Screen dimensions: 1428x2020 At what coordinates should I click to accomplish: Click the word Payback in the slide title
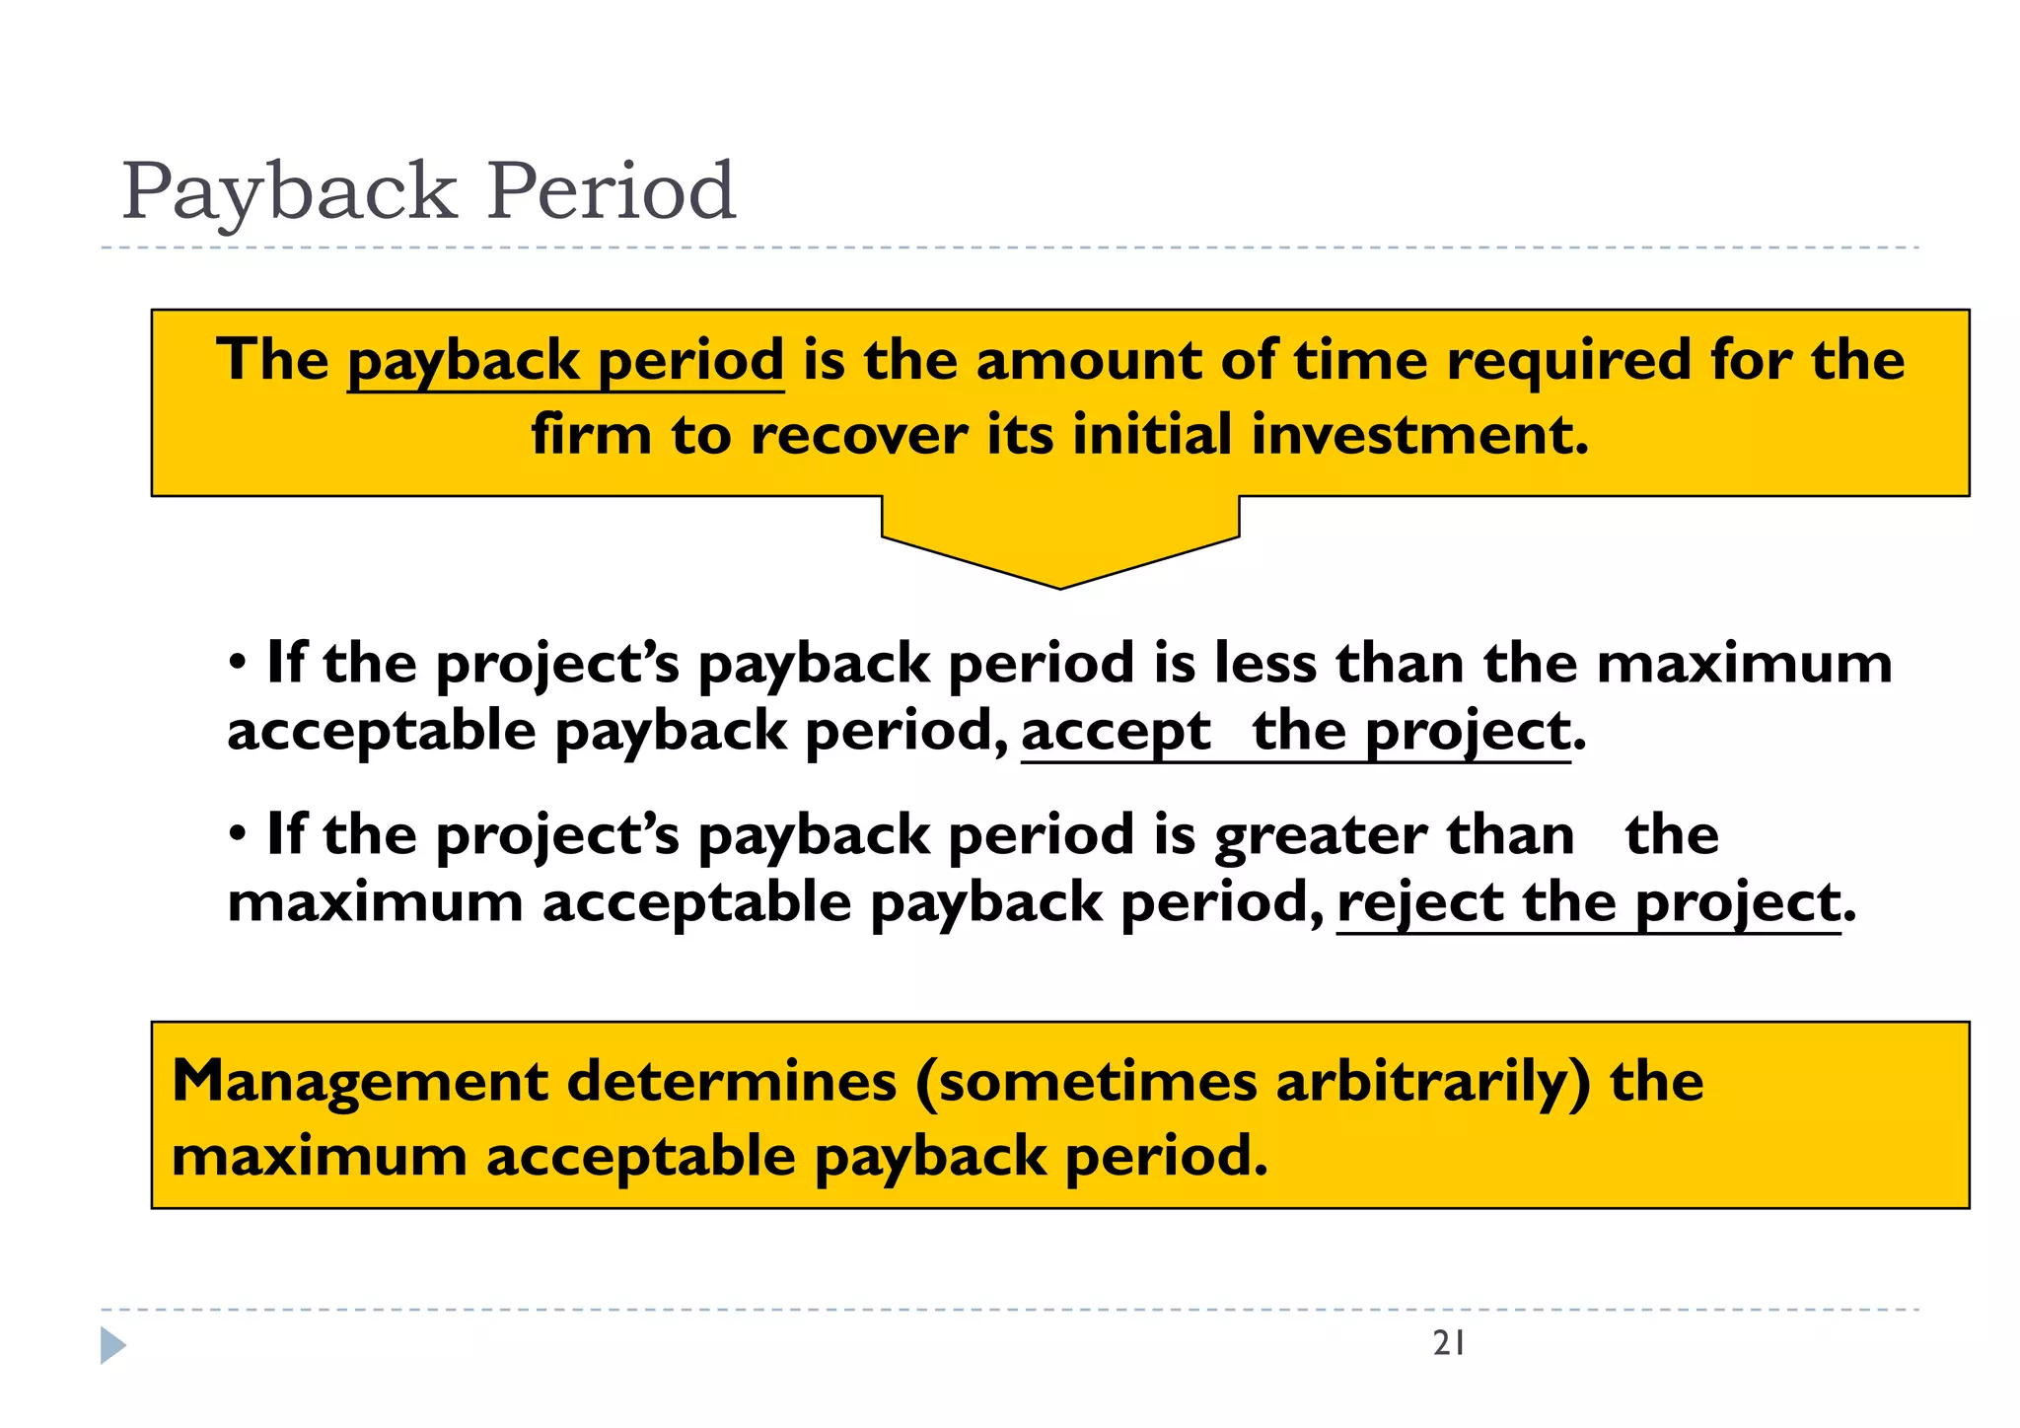tap(289, 191)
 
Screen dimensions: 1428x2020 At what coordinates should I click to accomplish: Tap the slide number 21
tap(1449, 1343)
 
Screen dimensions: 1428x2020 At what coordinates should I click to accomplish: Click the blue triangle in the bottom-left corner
tap(112, 1346)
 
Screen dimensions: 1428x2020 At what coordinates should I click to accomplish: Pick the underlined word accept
tap(1116, 733)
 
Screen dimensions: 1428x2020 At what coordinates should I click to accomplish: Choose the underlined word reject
tap(1420, 903)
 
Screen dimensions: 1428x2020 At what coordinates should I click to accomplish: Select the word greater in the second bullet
tap(1320, 836)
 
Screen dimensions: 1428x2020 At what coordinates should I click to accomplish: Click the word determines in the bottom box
tap(731, 1082)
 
